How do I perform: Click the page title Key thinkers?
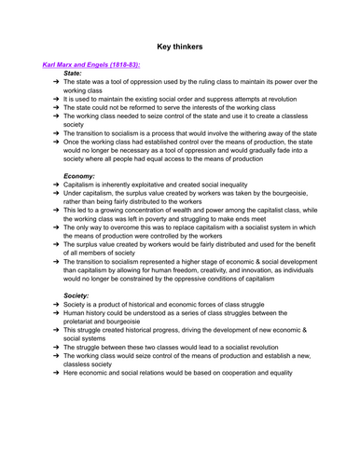coord(181,42)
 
